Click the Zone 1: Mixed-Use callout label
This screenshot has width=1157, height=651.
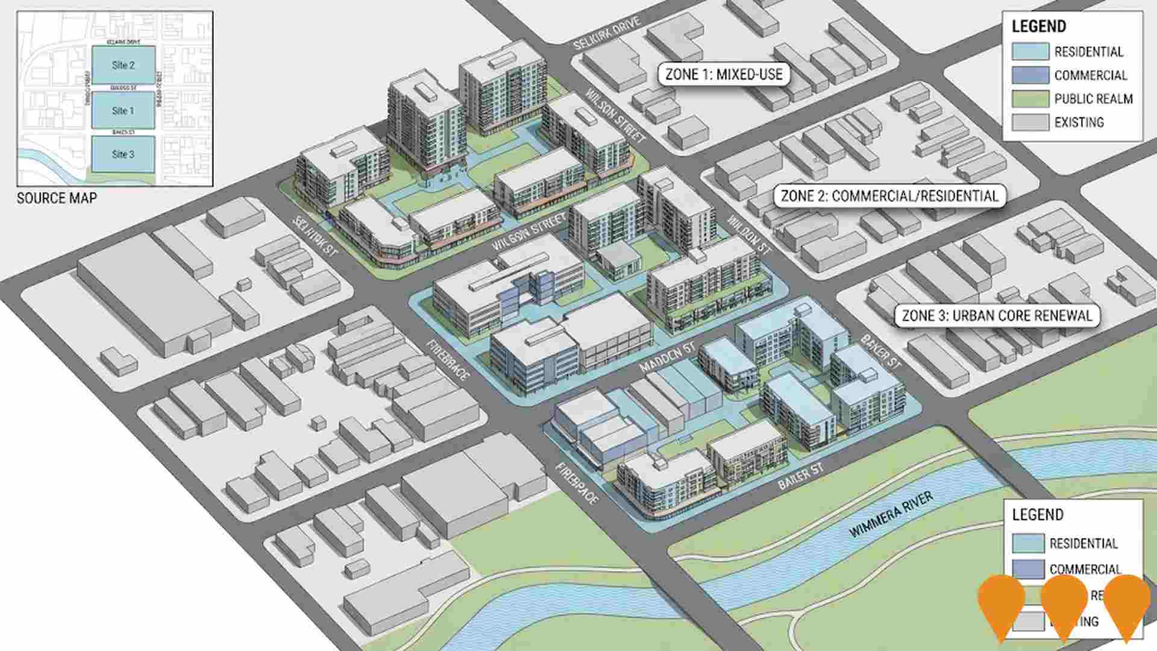(x=724, y=74)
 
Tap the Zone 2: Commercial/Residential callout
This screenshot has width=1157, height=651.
(x=889, y=196)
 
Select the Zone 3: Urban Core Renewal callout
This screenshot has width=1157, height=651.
(x=997, y=315)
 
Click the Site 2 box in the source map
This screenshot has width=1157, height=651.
(x=123, y=65)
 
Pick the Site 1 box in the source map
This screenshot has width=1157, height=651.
(x=123, y=110)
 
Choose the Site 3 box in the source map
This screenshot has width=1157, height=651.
(x=123, y=154)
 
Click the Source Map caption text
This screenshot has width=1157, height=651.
(x=57, y=198)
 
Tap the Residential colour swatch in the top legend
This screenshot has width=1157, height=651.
(x=1030, y=51)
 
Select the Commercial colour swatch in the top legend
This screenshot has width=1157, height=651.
(x=1030, y=75)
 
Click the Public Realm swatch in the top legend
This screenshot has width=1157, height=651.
(x=1030, y=98)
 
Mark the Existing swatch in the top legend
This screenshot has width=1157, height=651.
(x=1030, y=122)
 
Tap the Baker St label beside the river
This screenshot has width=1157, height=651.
(x=800, y=476)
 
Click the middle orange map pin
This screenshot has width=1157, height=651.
(x=1064, y=603)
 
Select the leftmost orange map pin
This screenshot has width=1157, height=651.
(x=1001, y=603)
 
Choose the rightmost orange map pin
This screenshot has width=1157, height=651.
(x=1127, y=603)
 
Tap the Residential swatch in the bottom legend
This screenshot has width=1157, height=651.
(x=1027, y=543)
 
